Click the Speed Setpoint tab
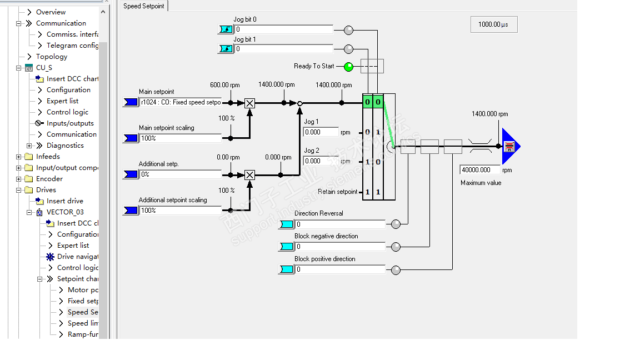144,6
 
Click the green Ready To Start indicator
348,67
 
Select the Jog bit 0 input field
283,29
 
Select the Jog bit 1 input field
283,49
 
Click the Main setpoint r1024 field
180,102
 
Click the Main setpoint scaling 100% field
180,138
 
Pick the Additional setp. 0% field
180,174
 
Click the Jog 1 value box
321,132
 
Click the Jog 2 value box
321,161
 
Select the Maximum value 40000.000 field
481,170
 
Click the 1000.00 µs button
493,24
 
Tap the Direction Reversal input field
339,224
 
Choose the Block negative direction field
339,247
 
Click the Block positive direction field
339,269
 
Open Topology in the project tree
52,57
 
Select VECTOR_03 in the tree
65,212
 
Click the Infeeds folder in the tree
48,157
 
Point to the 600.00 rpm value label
225,85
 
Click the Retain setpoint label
338,192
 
